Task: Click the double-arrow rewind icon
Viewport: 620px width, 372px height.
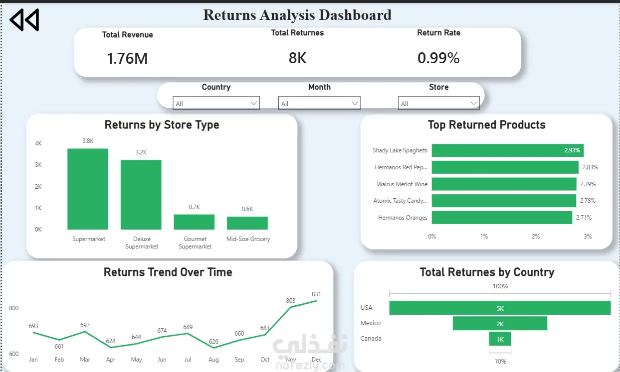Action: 24,19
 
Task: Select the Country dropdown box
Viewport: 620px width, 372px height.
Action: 216,103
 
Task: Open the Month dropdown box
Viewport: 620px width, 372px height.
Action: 319,103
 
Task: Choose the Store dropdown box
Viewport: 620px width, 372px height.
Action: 438,103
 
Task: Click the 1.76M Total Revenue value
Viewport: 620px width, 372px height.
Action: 127,59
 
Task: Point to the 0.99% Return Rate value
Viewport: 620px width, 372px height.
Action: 438,58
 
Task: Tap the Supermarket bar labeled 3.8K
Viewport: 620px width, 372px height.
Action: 88,189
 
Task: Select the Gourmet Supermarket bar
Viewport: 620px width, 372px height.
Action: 194,222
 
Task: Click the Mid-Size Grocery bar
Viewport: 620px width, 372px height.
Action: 247,223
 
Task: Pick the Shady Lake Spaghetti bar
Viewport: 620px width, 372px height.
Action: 508,150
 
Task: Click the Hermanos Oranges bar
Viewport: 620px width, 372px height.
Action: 502,218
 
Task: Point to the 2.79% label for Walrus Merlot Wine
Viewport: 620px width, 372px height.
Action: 588,184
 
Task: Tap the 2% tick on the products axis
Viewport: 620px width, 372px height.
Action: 536,237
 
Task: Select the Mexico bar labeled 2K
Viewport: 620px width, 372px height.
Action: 500,323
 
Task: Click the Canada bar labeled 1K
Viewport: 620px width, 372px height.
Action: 500,339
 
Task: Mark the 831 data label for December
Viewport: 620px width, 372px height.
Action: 316,294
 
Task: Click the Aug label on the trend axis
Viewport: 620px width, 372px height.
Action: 213,360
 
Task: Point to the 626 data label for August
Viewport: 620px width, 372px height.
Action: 213,341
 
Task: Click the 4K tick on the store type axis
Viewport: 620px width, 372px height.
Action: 38,143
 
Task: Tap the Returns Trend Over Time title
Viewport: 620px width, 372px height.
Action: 168,272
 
